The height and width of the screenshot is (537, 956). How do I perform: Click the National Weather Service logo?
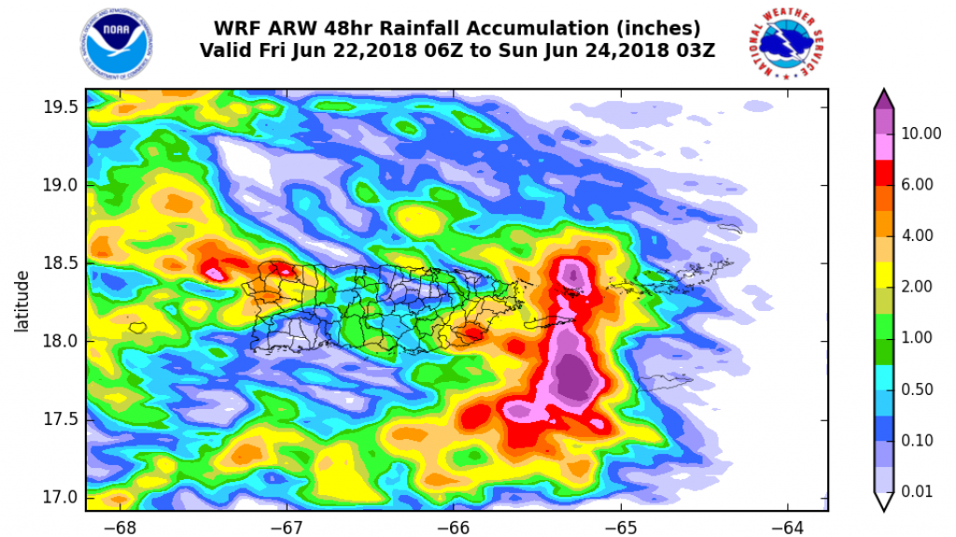point(791,45)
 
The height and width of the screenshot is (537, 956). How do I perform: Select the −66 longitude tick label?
point(454,525)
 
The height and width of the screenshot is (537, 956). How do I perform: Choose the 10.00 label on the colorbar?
point(921,134)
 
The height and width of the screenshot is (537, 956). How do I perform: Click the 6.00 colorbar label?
point(918,185)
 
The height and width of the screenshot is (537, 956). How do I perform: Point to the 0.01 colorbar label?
point(918,490)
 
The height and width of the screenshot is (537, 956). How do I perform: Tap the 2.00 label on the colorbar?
point(918,287)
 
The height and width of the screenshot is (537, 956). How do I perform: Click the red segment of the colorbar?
point(883,173)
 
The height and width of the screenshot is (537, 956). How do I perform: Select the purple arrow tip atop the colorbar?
point(883,99)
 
